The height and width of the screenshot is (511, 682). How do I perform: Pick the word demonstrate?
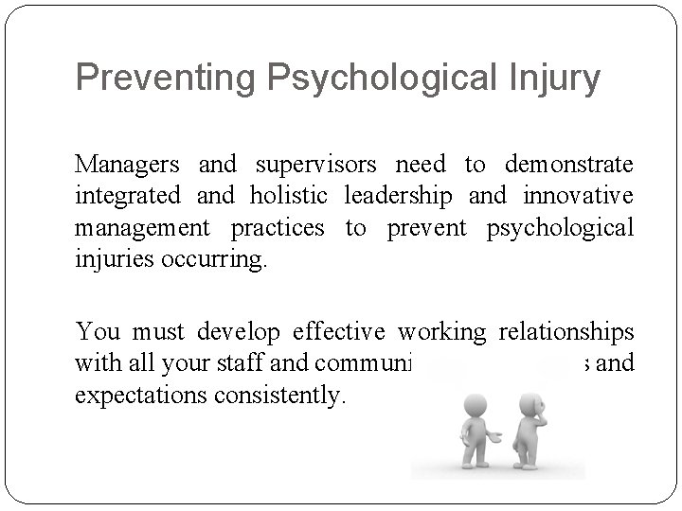(x=568, y=165)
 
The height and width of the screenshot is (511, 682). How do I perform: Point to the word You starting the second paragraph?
(x=98, y=333)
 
